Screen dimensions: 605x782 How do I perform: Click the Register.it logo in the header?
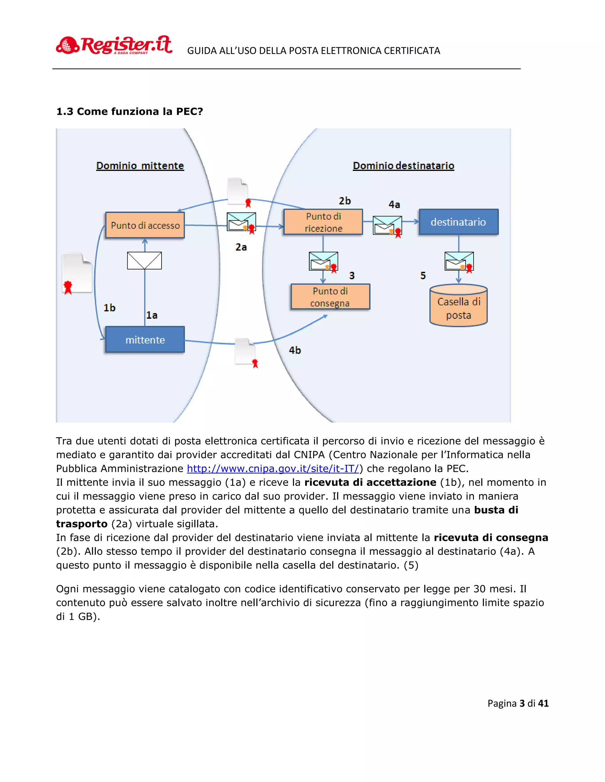click(x=114, y=45)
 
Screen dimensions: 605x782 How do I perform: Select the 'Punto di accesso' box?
click(x=145, y=225)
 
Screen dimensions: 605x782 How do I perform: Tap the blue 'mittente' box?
click(x=145, y=339)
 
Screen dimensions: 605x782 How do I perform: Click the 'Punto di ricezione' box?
click(x=323, y=222)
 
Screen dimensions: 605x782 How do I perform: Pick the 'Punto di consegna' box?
click(x=330, y=297)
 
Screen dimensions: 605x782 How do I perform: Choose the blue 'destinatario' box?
click(x=458, y=222)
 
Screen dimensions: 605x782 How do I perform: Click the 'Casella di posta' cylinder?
click(x=458, y=305)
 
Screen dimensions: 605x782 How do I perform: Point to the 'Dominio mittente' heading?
click(x=140, y=166)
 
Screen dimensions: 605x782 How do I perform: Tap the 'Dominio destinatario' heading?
click(x=404, y=166)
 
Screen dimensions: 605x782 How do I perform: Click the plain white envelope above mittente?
click(x=144, y=261)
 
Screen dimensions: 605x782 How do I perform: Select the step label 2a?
click(x=241, y=247)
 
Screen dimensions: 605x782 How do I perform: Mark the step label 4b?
click(x=295, y=350)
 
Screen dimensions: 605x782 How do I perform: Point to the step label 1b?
click(x=109, y=308)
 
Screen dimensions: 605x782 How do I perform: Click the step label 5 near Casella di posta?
click(x=423, y=276)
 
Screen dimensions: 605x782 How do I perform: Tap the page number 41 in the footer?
click(x=543, y=704)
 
